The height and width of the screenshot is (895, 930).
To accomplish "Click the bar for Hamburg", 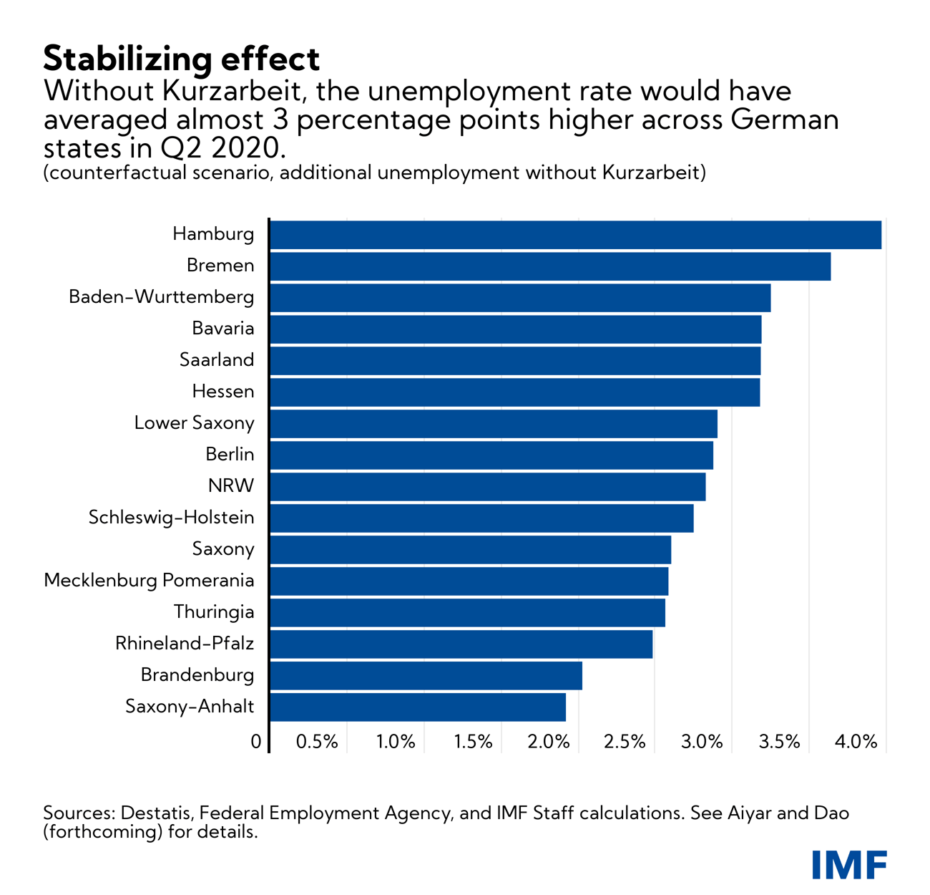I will click(x=575, y=235).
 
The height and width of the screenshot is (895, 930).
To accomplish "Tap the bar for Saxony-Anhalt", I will click(x=417, y=707).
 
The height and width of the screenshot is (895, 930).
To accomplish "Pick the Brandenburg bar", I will click(x=426, y=676).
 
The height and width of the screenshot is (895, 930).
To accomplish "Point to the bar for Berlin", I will click(x=491, y=455).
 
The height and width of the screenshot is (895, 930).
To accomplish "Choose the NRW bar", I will click(x=487, y=487).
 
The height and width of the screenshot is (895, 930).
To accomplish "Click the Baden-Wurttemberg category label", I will click(x=161, y=297).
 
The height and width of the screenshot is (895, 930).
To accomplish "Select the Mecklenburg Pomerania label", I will click(x=149, y=580).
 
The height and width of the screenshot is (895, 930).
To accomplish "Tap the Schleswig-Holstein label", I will click(x=171, y=518).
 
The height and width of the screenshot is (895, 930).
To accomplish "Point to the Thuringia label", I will click(x=213, y=612).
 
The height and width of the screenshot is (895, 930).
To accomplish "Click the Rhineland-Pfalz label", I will click(x=184, y=644).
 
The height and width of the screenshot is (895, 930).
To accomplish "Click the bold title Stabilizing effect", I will click(x=182, y=59).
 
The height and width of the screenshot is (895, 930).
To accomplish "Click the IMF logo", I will click(x=849, y=864).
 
